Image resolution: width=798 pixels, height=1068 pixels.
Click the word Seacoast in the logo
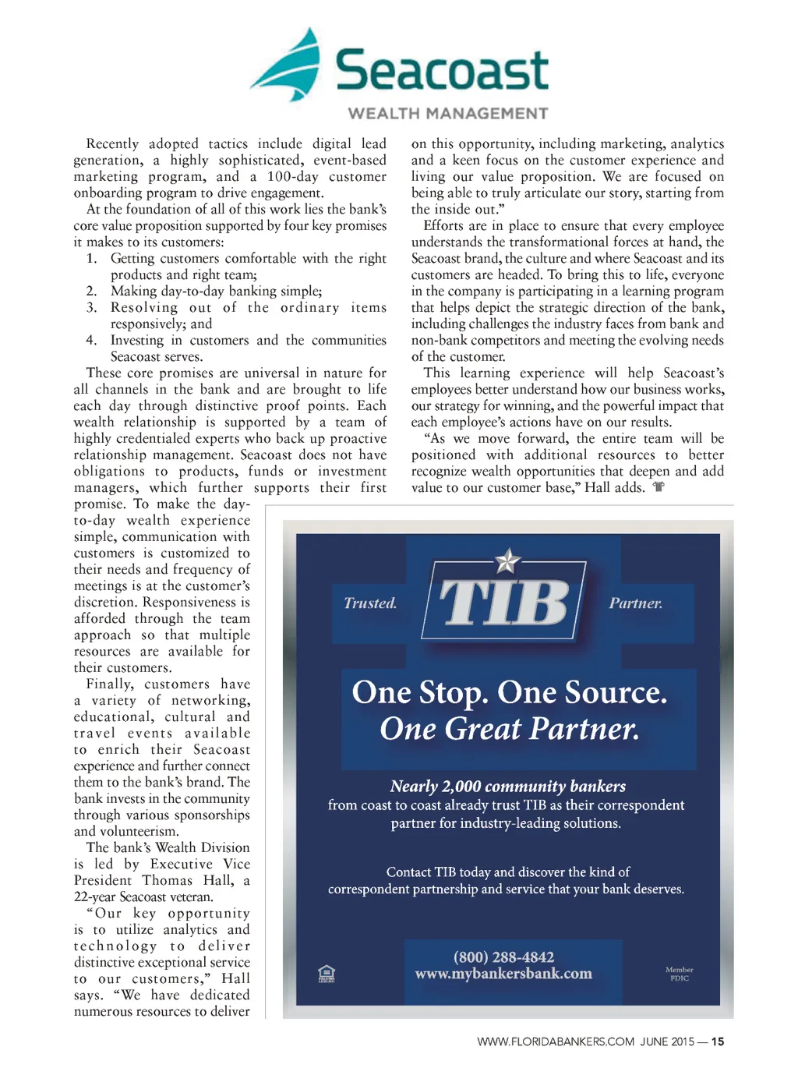click(x=442, y=70)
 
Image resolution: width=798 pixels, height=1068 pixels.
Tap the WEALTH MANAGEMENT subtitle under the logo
click(x=447, y=114)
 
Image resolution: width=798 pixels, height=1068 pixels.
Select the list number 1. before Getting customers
click(x=91, y=258)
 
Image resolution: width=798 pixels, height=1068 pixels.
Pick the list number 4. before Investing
click(x=91, y=340)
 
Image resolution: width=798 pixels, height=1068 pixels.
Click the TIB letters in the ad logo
click(x=504, y=603)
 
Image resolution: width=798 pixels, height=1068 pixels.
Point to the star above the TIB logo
click(x=507, y=560)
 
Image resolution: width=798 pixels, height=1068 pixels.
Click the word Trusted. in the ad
click(x=370, y=603)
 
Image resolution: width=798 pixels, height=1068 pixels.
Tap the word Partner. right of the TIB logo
click(x=636, y=603)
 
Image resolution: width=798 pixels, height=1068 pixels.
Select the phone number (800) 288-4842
click(x=503, y=957)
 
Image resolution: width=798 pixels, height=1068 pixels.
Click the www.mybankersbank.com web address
click(x=503, y=974)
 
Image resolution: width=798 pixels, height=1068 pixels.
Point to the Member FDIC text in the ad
click(x=679, y=974)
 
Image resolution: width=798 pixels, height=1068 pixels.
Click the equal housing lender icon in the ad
click(x=327, y=974)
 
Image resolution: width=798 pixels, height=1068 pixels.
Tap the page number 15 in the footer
click(x=718, y=1041)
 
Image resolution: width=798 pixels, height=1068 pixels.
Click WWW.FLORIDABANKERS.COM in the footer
click(x=556, y=1041)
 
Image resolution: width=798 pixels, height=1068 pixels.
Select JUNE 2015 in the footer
click(x=667, y=1041)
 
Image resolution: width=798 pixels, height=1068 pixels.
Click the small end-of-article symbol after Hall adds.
click(x=659, y=487)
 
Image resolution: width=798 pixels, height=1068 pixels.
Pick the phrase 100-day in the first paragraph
click(x=293, y=176)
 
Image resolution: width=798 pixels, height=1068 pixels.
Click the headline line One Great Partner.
click(x=509, y=729)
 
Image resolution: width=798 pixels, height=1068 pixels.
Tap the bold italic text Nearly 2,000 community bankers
click(x=507, y=786)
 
